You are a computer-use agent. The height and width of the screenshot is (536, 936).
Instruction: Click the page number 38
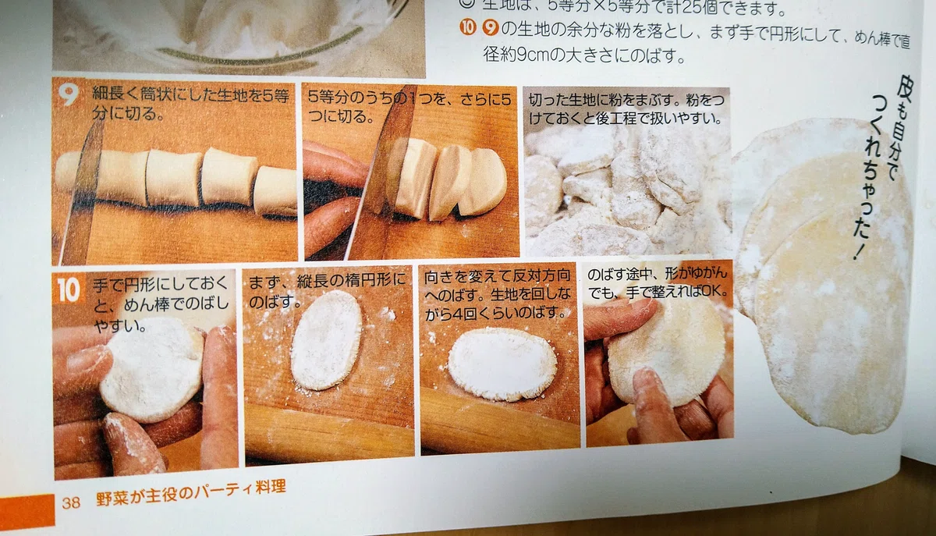click(71, 502)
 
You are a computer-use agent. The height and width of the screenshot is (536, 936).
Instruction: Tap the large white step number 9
click(68, 94)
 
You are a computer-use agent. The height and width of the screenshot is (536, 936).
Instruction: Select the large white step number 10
click(68, 289)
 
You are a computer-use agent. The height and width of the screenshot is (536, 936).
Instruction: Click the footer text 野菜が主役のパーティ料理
click(191, 493)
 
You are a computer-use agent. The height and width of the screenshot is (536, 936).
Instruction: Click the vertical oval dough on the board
click(327, 339)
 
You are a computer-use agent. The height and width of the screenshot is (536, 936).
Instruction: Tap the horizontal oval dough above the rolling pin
click(502, 364)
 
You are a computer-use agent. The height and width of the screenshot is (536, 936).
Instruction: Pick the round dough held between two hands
click(153, 370)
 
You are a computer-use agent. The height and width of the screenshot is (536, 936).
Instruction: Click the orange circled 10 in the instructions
click(467, 27)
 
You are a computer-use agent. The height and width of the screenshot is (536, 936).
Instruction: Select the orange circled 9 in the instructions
click(491, 28)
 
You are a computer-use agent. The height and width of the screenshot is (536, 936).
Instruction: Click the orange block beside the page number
click(27, 511)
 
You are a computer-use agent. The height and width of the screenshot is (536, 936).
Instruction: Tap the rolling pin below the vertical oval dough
click(329, 430)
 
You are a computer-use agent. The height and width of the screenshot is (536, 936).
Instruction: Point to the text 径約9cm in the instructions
click(516, 55)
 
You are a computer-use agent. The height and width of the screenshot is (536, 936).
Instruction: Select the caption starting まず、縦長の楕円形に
click(327, 289)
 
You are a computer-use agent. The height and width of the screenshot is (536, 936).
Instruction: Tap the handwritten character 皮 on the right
click(903, 89)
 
